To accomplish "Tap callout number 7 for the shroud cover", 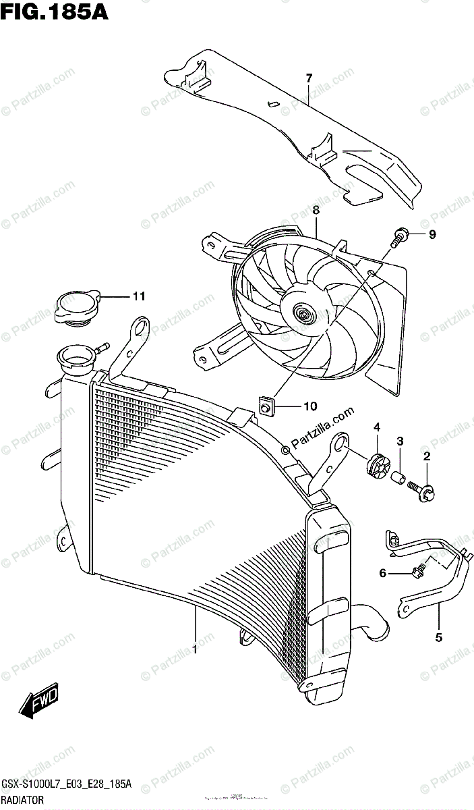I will pyautogui.click(x=309, y=78).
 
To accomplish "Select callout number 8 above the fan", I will pyautogui.click(x=316, y=211).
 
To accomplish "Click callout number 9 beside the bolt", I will pyautogui.click(x=432, y=235).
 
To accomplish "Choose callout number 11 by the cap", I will pyautogui.click(x=138, y=296).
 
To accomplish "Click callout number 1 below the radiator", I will pyautogui.click(x=195, y=650).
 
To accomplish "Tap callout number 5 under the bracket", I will pyautogui.click(x=438, y=637).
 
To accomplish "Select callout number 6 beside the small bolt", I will pyautogui.click(x=382, y=573).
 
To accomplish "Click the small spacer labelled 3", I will pyautogui.click(x=398, y=479).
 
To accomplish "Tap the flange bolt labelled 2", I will pyautogui.click(x=423, y=491).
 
